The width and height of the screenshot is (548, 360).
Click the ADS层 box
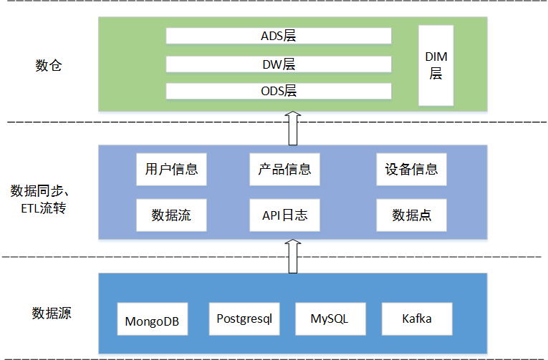click(x=279, y=36)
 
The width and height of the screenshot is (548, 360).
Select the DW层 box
click(x=279, y=64)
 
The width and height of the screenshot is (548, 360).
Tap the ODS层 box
click(x=279, y=91)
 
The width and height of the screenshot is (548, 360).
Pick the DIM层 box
click(x=436, y=64)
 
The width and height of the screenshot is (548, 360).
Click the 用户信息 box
click(x=171, y=170)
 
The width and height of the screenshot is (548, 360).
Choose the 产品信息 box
click(x=284, y=170)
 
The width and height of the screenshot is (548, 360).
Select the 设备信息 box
click(x=411, y=170)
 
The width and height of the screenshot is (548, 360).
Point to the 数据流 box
click(x=171, y=215)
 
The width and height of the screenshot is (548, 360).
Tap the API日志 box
click(x=284, y=215)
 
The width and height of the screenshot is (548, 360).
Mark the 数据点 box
click(x=411, y=215)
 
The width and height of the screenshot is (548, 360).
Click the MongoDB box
click(x=153, y=320)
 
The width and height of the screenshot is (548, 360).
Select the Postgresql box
click(x=244, y=318)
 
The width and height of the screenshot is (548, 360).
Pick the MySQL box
click(x=330, y=318)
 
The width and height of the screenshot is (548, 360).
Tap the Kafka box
click(x=417, y=318)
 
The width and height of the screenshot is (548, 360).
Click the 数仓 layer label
click(x=49, y=66)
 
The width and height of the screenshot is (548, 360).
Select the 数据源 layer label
click(x=52, y=313)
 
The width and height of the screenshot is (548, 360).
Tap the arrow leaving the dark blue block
click(x=292, y=256)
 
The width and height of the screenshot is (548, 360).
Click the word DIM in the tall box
click(x=436, y=57)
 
